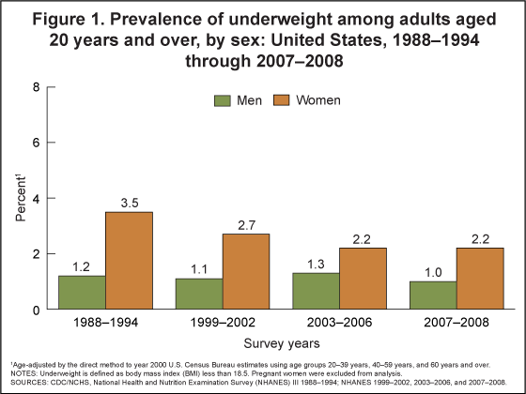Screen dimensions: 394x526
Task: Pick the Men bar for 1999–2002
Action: point(199,294)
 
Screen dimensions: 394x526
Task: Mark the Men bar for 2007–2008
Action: point(434,295)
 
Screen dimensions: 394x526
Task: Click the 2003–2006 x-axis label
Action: point(340,325)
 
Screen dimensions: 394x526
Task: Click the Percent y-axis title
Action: point(19,198)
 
